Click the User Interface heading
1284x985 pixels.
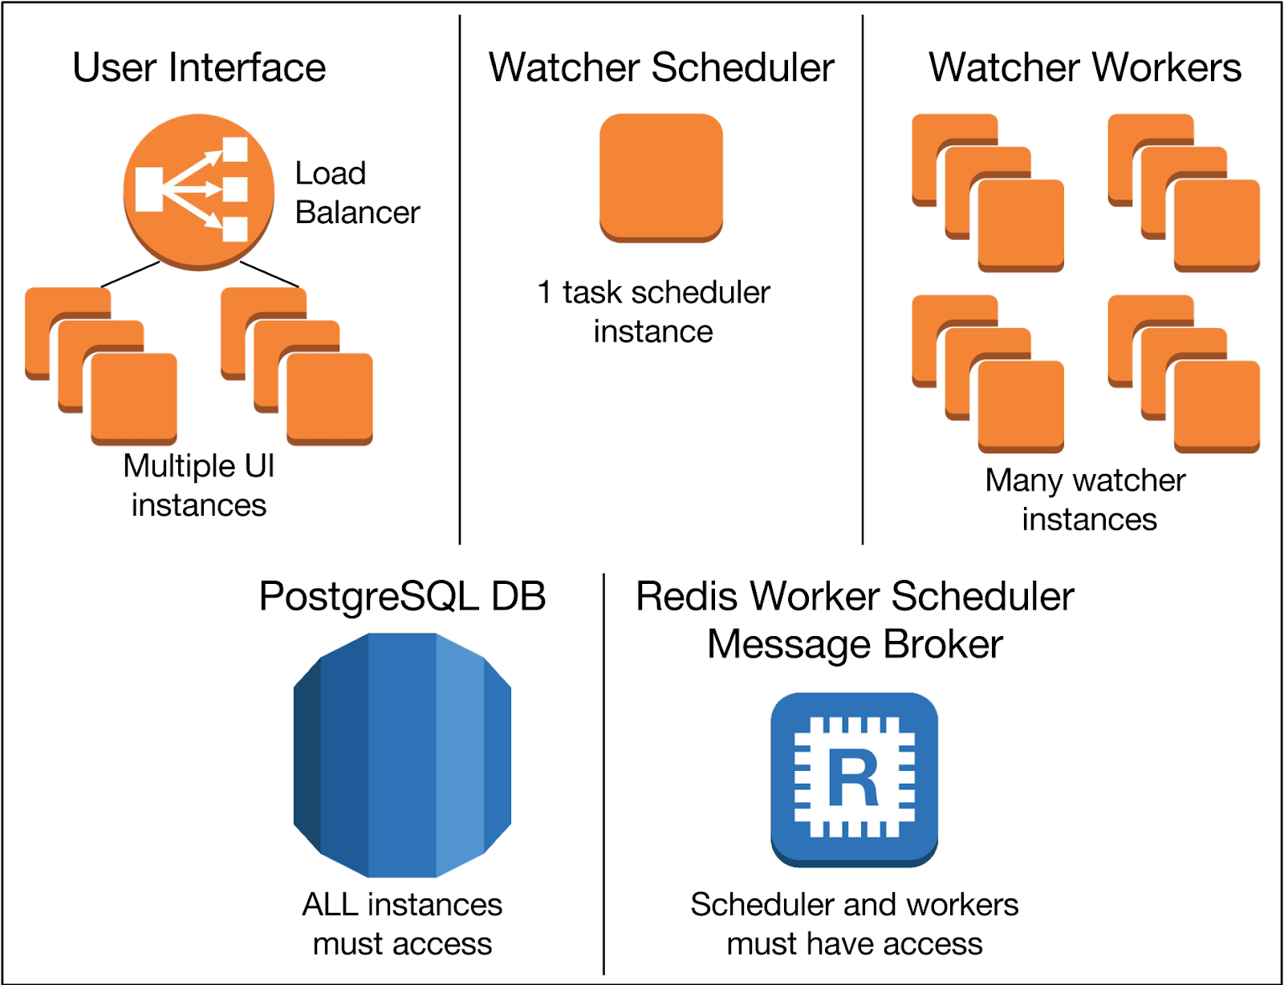[x=199, y=67]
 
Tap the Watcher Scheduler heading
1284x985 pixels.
[x=661, y=67]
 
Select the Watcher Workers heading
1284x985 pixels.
[x=1085, y=67]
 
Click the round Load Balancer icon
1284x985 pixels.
[x=198, y=192]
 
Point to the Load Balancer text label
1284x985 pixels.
[x=356, y=193]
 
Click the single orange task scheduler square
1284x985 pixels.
[x=661, y=176]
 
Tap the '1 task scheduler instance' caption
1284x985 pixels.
[x=653, y=311]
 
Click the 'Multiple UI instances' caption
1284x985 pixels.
[x=199, y=485]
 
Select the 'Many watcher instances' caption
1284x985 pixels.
[x=1087, y=499]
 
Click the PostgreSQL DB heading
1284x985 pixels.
[x=402, y=597]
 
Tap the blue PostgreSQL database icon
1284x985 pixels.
[x=402, y=755]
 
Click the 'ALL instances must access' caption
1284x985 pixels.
[x=402, y=924]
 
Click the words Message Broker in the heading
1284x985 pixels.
[x=855, y=644]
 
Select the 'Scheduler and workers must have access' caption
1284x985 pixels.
[x=854, y=924]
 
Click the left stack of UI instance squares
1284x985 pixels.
[x=101, y=366]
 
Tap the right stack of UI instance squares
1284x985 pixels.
[x=297, y=366]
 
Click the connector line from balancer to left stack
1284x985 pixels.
[x=130, y=274]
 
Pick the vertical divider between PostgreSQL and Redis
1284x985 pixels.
[x=603, y=774]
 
